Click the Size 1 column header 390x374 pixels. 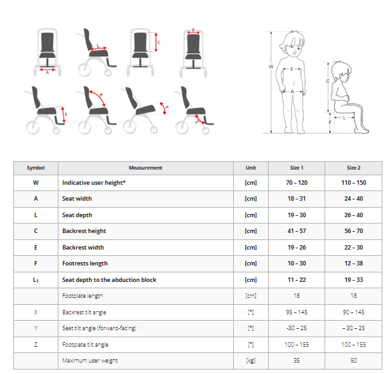coord(297,168)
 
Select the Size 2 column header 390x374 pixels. coord(353,168)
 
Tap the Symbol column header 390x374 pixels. coord(36,168)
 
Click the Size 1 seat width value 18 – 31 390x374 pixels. coord(297,199)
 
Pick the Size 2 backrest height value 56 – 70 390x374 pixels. coord(353,231)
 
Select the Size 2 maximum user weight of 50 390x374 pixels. coord(353,360)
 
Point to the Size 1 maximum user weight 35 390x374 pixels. coord(297,360)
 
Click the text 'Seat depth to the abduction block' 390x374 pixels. coord(109,280)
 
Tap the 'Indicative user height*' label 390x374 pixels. coord(94,183)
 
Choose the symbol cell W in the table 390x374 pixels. coord(36,183)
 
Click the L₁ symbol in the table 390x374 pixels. coord(36,280)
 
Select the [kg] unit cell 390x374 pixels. coord(251,361)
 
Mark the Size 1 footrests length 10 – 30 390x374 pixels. coord(297,264)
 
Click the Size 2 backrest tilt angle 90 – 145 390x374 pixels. coord(353,312)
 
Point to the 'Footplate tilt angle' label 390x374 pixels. coord(85,345)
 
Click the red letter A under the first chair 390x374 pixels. coord(47,72)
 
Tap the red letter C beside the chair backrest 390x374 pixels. coord(159,43)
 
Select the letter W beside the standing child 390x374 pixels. coord(271,67)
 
